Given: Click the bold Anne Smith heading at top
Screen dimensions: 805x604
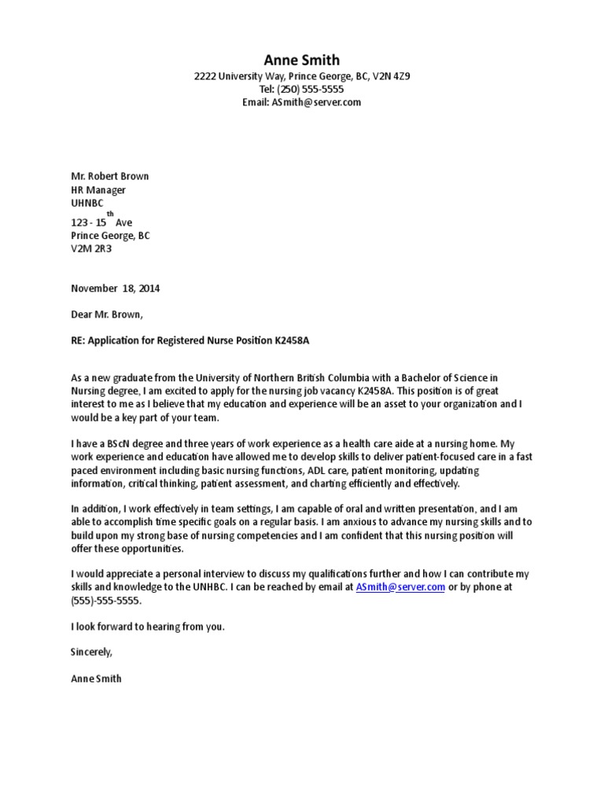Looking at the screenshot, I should coord(302,61).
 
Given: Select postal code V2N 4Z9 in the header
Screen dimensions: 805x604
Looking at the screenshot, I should coord(391,77).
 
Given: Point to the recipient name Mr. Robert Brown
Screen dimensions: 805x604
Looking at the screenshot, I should coord(110,176).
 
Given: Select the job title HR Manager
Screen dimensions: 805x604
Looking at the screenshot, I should coord(98,189).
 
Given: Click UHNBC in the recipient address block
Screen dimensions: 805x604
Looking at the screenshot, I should coord(87,203).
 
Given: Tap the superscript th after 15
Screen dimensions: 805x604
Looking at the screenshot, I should coord(110,214).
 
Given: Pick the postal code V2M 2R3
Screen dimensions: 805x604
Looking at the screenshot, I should coord(92,248).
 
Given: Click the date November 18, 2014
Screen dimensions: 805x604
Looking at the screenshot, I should coord(116,289).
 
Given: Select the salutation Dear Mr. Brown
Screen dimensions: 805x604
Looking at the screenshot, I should coord(108,314).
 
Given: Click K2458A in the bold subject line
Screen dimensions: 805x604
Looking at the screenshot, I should coord(306,340).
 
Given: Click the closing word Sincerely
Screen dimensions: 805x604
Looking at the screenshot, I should coord(92,652).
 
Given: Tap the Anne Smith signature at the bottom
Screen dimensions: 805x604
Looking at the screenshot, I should coord(96,678).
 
